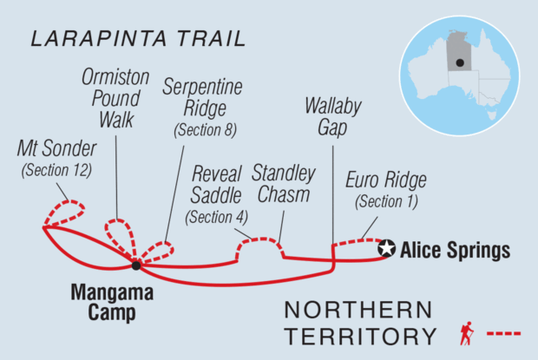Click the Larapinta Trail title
click(137, 39)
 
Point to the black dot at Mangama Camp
click(136, 265)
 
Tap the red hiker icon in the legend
click(466, 332)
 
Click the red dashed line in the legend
click(503, 333)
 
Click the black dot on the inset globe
click(459, 75)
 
